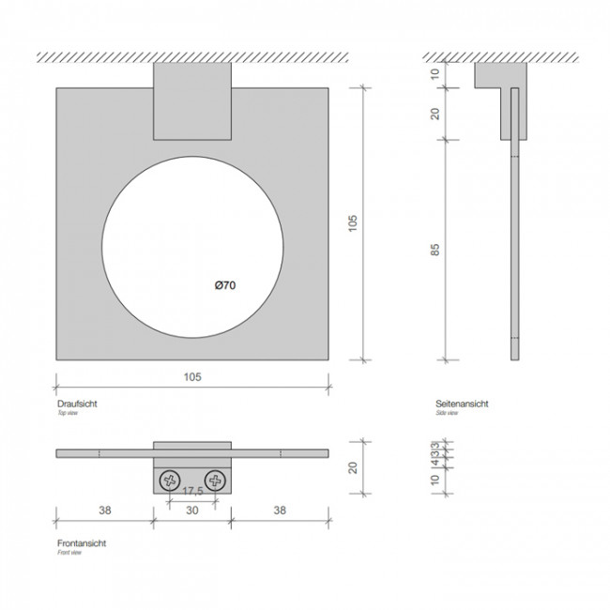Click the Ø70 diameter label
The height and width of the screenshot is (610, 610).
[224, 285]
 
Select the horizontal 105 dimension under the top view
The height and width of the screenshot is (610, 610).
[192, 376]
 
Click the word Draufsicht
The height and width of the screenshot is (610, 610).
[78, 403]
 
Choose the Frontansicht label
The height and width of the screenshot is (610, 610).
[81, 543]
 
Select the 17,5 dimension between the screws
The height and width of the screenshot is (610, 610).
[192, 491]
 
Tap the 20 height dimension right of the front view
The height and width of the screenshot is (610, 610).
[352, 467]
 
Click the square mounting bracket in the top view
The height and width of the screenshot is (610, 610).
[192, 100]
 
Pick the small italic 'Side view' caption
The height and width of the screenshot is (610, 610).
[447, 412]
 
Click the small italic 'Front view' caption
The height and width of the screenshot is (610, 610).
[71, 553]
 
